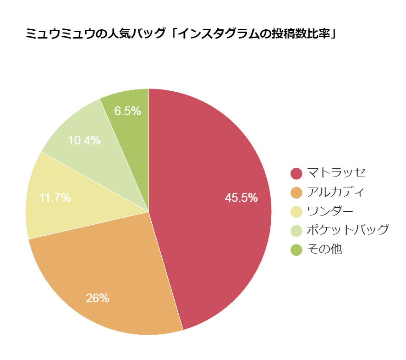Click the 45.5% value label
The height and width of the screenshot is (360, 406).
241,198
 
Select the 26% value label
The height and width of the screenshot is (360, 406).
98,298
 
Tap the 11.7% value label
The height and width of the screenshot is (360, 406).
55,198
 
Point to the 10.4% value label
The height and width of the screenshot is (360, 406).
84,140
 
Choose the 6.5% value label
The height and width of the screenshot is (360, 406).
127,111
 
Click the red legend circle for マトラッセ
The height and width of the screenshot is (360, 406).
296,173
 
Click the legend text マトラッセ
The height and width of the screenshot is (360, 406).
336,173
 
